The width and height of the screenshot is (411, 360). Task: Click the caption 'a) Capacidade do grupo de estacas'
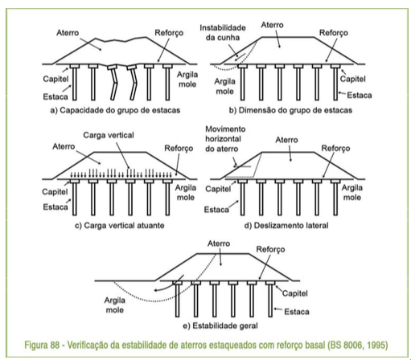[115, 110]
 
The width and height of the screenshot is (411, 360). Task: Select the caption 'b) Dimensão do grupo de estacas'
[290, 110]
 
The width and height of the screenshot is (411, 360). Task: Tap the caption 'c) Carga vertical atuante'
[120, 226]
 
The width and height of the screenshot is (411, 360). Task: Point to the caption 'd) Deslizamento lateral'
[286, 226]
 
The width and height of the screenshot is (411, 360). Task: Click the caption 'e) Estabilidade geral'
[220, 326]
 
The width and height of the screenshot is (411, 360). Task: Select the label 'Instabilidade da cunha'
[223, 33]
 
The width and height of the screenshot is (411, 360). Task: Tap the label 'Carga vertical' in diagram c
[109, 135]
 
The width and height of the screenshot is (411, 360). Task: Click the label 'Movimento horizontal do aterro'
[225, 139]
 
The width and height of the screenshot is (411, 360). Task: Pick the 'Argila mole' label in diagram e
[115, 305]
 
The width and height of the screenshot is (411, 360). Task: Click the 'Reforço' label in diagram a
[169, 33]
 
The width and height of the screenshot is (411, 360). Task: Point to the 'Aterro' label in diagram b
[272, 25]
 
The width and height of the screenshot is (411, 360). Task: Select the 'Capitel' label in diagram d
[218, 189]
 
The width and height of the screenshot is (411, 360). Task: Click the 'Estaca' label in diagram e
[297, 312]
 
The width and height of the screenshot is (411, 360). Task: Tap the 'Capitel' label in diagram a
[55, 79]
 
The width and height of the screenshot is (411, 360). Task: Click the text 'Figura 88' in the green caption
[42, 345]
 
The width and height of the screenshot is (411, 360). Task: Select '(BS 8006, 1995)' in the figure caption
[358, 345]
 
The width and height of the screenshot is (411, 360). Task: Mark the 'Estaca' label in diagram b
[360, 96]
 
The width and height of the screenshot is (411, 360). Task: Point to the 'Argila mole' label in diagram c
[186, 193]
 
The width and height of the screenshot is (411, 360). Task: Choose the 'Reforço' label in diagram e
[270, 250]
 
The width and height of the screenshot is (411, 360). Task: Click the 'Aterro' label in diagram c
[64, 146]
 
